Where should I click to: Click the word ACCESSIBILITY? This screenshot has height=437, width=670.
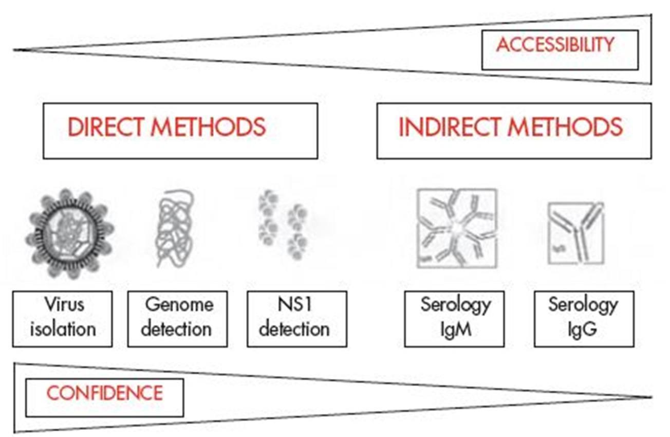coord(555,45)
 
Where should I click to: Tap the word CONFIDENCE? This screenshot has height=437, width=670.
coord(104,393)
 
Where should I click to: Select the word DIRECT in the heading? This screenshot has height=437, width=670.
coord(106,127)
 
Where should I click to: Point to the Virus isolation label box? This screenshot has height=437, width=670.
coord(62,319)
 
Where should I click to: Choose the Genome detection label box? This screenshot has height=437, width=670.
coord(177,319)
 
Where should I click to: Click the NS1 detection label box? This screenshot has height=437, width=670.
coord(296,319)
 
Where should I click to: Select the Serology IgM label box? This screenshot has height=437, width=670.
coord(454,319)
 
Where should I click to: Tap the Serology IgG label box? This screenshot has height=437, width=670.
coord(584,319)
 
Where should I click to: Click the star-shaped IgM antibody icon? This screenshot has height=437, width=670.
coord(456,228)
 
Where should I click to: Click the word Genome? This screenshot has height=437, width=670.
coord(178,305)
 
